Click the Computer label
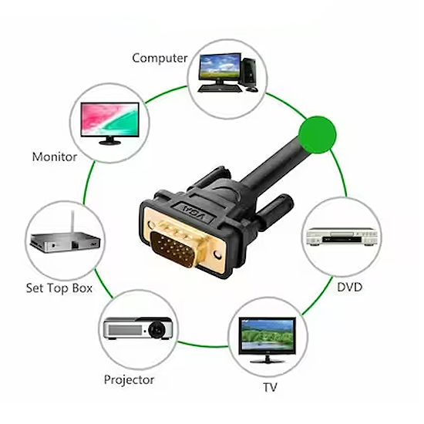[x=160, y=59]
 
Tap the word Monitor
[x=55, y=156]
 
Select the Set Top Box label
[x=59, y=288]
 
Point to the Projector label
[x=129, y=380]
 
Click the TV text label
[x=270, y=387]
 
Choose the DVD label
[x=349, y=288]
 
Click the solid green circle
[x=318, y=135]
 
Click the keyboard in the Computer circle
[x=219, y=89]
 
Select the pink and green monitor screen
[x=109, y=119]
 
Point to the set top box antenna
[x=72, y=222]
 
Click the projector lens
[x=156, y=329]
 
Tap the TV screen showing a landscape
[x=268, y=335]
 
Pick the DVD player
[x=342, y=237]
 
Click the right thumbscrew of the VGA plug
[x=274, y=211]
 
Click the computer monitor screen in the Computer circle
[x=220, y=66]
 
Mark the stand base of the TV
[x=268, y=361]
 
